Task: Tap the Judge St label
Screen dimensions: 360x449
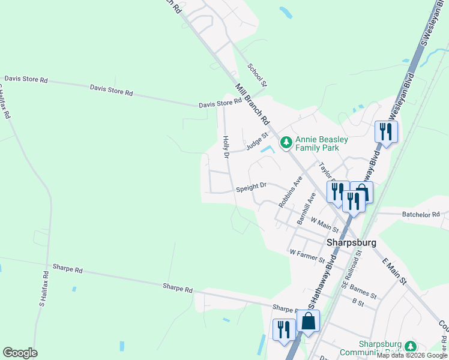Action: click(256, 143)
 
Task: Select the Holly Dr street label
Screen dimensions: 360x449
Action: click(226, 147)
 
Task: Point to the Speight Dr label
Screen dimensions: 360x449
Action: click(250, 188)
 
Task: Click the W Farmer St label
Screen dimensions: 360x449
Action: click(307, 256)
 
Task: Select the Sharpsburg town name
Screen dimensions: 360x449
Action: click(351, 242)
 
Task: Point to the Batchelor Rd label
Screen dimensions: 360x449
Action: click(421, 214)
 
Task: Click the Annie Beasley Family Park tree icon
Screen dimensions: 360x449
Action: click(286, 142)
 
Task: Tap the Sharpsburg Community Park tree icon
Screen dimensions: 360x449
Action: click(411, 346)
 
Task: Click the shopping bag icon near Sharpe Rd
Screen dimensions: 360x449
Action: click(308, 322)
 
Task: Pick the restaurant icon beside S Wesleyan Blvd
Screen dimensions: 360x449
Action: click(385, 131)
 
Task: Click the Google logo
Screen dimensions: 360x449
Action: click(20, 353)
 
